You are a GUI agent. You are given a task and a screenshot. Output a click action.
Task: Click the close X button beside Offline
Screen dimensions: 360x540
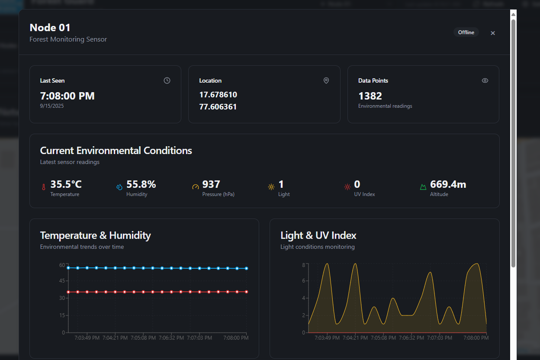tap(492, 33)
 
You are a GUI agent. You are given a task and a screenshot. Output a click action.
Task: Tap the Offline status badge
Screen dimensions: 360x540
tap(466, 32)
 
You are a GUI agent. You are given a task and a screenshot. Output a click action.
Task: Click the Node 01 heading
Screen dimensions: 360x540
tap(50, 28)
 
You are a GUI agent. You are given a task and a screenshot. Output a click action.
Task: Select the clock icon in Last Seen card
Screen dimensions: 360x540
tap(167, 80)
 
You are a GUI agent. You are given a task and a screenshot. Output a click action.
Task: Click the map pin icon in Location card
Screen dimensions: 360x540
tap(326, 80)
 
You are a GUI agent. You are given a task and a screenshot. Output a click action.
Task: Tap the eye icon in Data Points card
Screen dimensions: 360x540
tap(485, 80)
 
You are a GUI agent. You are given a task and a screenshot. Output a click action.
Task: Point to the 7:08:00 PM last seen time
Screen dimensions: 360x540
tap(67, 96)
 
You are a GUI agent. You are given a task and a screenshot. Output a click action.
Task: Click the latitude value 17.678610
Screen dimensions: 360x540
tap(218, 95)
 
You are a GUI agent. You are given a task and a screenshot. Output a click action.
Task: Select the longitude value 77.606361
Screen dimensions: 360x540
tap(218, 107)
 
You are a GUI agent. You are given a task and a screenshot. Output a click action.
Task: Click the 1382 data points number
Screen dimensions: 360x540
tap(370, 96)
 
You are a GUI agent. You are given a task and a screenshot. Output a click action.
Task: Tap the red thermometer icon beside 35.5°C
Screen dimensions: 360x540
tap(43, 187)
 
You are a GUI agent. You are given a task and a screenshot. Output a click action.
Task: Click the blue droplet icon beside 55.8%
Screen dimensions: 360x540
tap(119, 187)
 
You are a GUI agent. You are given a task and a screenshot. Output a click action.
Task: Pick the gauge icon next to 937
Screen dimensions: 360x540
tap(195, 187)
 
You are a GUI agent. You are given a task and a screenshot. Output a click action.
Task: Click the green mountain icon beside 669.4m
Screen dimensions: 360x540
tap(423, 187)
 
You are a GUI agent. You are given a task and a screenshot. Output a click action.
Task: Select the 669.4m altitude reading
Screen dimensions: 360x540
tap(448, 185)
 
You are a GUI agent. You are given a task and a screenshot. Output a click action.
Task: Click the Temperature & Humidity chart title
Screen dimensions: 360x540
tap(95, 235)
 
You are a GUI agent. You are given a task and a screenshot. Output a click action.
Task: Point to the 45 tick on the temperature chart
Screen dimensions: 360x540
tap(62, 281)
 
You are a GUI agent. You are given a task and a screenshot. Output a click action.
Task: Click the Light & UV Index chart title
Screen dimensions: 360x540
tap(318, 235)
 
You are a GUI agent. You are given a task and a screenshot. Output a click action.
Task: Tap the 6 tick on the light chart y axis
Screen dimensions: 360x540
tap(303, 281)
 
